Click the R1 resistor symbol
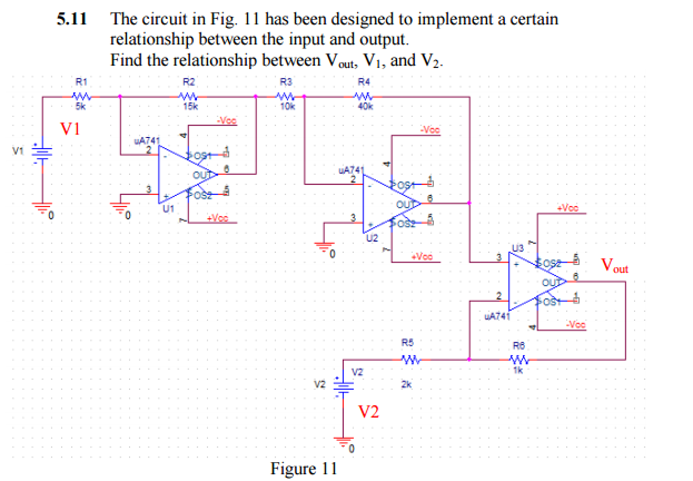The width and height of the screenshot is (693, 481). coord(81,97)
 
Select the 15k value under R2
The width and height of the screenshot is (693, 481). coord(190,106)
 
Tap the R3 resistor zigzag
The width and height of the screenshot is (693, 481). coord(285,97)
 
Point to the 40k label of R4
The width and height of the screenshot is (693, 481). coord(365,106)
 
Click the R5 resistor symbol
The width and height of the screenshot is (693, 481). coord(411,359)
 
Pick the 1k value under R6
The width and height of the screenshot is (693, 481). coord(518,370)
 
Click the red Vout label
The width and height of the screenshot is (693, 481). coord(614,265)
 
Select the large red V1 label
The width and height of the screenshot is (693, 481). coord(70,129)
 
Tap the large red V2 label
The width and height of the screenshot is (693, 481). coord(369,412)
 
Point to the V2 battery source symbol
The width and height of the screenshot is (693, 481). coord(343,386)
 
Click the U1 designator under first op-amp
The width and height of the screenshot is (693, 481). coord(168,209)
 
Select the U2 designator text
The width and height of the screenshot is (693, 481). coord(372,238)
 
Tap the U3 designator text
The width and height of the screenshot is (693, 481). coord(518,248)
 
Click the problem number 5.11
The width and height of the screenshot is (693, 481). coord(72,19)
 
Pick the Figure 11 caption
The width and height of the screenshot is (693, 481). coord(303,469)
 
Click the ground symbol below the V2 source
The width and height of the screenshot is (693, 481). coord(343,441)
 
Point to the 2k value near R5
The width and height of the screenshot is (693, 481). coord(406,384)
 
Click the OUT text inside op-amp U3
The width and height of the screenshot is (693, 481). coord(550,282)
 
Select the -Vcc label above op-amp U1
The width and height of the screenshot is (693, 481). coord(227,121)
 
